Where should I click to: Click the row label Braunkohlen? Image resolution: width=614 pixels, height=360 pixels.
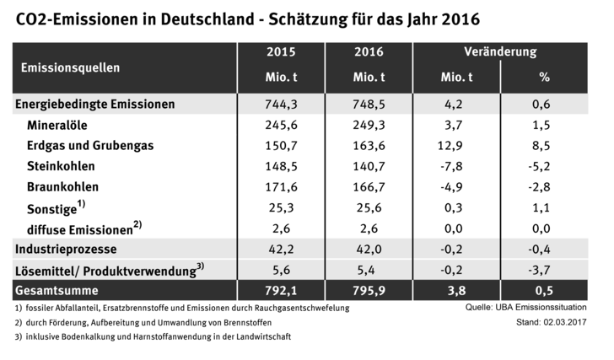63,186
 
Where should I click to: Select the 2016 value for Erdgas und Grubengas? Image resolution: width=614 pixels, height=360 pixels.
369,146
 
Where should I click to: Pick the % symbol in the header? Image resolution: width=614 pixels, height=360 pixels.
544,78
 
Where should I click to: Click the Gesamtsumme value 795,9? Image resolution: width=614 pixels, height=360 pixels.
369,291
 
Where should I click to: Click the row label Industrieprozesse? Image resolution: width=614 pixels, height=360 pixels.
66,250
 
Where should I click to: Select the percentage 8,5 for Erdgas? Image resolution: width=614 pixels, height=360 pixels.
544,146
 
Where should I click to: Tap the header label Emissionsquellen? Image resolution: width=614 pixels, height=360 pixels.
71,66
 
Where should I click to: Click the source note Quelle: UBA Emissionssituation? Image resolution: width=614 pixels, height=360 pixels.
527,309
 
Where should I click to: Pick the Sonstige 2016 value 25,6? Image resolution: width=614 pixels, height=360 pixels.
369,207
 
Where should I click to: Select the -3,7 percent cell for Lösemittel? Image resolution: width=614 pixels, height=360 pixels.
544,270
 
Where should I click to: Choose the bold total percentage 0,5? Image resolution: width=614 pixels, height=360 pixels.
544,291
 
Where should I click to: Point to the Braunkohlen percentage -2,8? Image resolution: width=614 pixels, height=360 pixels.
544,186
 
